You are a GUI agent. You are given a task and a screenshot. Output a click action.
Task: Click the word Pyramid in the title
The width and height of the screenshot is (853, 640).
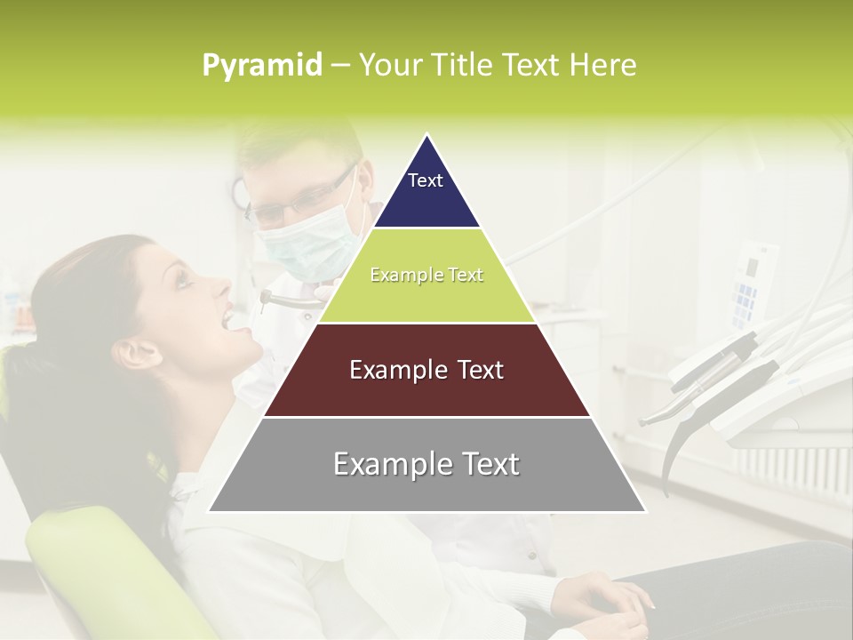(261, 66)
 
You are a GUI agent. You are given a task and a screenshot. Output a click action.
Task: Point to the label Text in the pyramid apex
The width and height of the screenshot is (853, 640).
(426, 180)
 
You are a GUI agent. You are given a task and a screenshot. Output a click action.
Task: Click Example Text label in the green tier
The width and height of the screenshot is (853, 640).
(426, 275)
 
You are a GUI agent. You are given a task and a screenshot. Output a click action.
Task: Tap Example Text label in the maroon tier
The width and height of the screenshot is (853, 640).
(426, 370)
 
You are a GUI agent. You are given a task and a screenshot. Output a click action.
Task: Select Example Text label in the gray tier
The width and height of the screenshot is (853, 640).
(426, 464)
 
